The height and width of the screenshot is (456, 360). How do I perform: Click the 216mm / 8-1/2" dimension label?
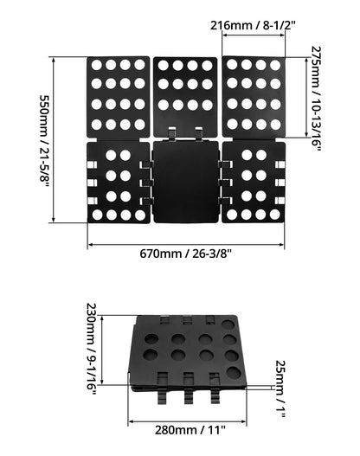click(253, 26)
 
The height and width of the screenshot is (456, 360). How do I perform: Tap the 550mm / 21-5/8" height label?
click(44, 141)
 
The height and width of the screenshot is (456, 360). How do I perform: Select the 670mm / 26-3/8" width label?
click(185, 254)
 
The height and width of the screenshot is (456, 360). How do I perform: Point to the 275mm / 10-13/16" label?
click(316, 99)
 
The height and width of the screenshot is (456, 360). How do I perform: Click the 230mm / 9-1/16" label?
click(92, 349)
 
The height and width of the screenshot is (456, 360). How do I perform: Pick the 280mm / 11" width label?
click(190, 430)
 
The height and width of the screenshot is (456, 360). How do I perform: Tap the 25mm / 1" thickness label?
click(280, 389)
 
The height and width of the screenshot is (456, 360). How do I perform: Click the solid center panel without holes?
click(185, 182)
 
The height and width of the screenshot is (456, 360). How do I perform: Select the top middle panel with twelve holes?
click(185, 97)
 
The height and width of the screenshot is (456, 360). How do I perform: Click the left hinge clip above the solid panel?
click(172, 133)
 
